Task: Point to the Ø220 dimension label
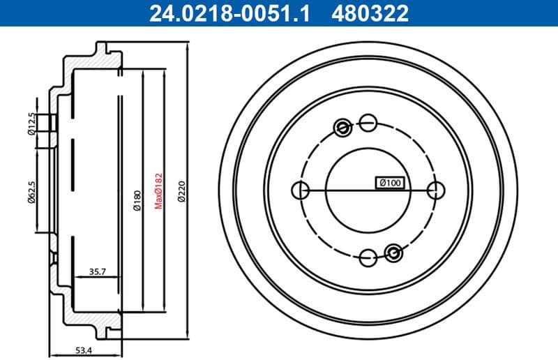pos(181,190)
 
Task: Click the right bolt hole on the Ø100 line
pos(436,190)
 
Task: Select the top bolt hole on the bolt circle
pos(368,123)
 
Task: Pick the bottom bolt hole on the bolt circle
pos(368,257)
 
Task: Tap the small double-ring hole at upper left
pos(342,127)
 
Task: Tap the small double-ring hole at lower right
pos(393,253)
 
